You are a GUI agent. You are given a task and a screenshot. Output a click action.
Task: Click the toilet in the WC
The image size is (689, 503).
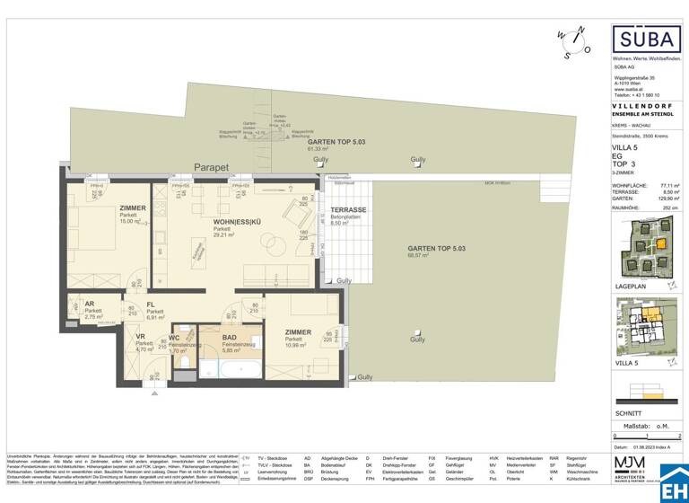[x=181, y=363]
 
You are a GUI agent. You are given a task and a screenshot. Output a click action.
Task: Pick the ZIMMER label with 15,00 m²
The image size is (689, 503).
[x=132, y=208]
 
